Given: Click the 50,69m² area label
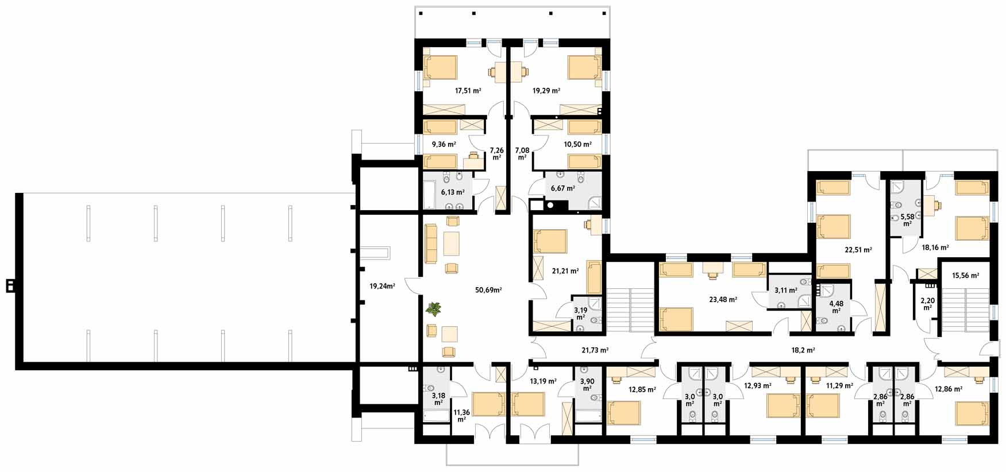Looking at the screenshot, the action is tap(488, 290).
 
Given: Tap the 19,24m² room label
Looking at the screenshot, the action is tap(382, 286).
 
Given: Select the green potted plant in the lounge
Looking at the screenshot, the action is tap(434, 309).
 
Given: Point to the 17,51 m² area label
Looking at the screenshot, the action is tap(468, 91).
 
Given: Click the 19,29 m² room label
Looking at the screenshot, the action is tap(546, 91).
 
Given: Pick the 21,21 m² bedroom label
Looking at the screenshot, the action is tap(565, 271).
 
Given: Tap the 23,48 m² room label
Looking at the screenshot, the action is tap(723, 299).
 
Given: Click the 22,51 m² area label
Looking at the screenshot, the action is tap(858, 250).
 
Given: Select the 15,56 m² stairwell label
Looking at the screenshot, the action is tap(965, 276).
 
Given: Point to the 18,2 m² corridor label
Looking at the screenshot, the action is tap(803, 350).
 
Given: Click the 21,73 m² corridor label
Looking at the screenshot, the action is tap(595, 350).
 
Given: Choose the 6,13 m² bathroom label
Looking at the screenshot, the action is tap(453, 192).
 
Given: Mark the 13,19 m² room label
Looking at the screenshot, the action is tap(543, 381).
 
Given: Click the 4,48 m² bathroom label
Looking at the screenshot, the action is tap(837, 307).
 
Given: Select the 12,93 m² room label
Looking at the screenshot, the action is tap(757, 386).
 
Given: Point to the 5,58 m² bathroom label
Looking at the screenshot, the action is tap(907, 220).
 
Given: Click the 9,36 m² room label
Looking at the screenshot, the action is tap(444, 145).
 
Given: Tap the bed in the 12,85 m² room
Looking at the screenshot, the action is tap(624, 413).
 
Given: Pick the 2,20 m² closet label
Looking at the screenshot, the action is tap(927, 304).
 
